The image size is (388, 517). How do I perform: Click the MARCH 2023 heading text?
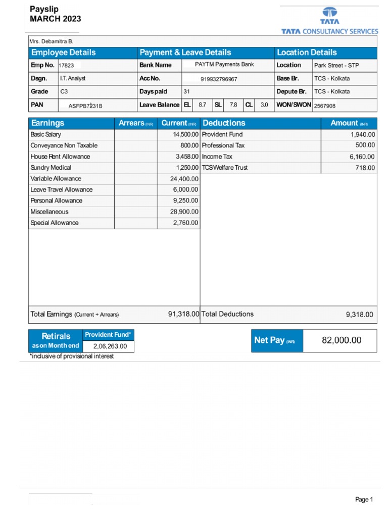[x=55, y=19]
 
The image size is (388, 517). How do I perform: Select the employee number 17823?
[x=67, y=65]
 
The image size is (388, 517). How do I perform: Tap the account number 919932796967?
[x=219, y=79]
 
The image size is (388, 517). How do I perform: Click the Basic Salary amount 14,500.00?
[x=185, y=134]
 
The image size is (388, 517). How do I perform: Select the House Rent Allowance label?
[x=60, y=157]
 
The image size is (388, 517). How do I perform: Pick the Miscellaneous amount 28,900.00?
[x=184, y=212]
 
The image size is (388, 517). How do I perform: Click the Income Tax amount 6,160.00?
[x=362, y=157]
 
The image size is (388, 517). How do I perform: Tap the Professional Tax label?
[x=223, y=145]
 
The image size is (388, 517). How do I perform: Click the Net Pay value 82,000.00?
[x=342, y=340]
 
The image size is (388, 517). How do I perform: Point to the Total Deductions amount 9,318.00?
[x=359, y=315]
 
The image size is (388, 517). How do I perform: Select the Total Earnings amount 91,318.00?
[x=184, y=314]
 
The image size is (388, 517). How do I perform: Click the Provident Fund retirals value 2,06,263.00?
[x=110, y=346]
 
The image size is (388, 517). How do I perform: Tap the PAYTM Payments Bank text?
[x=224, y=65]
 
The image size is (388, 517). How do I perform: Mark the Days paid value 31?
[x=186, y=92]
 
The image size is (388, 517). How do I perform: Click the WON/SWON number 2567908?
[x=325, y=106]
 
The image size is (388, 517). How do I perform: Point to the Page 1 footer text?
[x=364, y=499]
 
